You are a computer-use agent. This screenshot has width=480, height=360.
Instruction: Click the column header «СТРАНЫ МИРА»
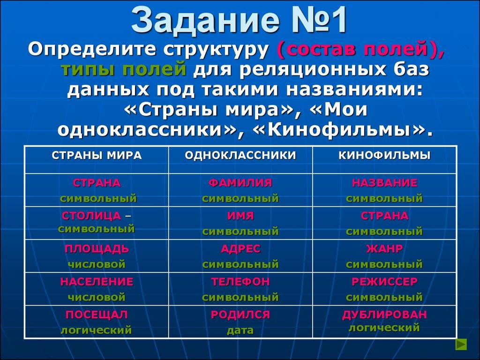[96, 156]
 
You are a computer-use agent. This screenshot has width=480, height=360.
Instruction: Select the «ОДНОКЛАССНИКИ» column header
[240, 156]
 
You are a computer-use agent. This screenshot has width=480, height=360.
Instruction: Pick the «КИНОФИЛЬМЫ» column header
[384, 156]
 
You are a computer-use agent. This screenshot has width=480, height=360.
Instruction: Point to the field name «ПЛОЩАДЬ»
[97, 249]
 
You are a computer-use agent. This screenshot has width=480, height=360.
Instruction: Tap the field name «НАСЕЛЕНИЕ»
[97, 282]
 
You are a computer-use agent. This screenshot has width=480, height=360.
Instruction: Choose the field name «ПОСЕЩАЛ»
[97, 315]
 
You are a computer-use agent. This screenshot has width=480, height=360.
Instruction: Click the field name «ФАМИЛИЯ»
[240, 183]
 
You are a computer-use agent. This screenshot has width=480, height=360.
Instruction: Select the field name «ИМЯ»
[240, 216]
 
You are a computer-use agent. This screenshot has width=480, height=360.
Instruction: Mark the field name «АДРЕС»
[240, 249]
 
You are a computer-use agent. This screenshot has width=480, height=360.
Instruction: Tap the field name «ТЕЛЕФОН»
[240, 282]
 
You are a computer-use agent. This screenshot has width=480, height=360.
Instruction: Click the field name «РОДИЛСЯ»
[240, 315]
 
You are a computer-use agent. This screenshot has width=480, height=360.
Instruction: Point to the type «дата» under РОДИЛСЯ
[240, 330]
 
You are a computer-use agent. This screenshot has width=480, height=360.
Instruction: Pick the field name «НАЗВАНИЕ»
[384, 183]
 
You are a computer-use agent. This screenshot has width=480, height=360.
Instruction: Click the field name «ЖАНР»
[384, 249]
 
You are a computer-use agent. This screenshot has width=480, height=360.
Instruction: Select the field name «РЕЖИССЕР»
[384, 282]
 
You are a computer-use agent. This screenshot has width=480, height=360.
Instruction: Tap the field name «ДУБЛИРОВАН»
[384, 314]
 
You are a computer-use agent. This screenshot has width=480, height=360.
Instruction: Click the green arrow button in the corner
[462, 345]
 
